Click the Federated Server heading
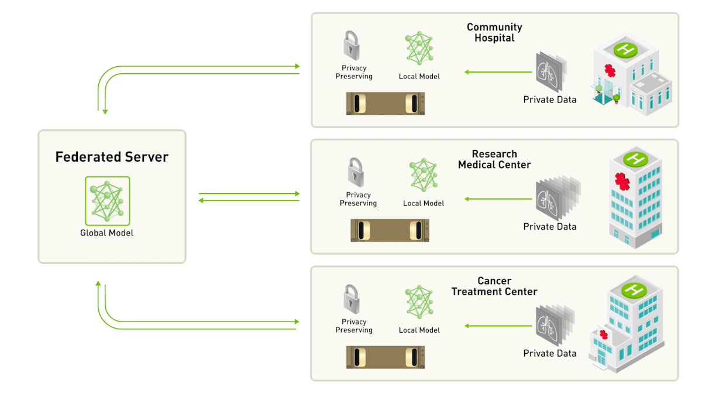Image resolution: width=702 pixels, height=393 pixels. (x=112, y=157)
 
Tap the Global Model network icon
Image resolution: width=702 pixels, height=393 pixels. (x=107, y=201)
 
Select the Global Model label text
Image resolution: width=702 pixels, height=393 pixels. (x=107, y=233)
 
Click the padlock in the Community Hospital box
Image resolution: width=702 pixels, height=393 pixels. (x=351, y=46)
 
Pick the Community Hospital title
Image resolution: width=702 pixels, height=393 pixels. (x=494, y=33)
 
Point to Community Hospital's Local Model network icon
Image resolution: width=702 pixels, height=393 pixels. (x=419, y=49)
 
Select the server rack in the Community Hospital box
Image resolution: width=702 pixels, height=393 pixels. (x=385, y=103)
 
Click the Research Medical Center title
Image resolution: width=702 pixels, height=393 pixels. (x=494, y=159)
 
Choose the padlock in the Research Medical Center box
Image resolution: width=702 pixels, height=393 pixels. (x=355, y=172)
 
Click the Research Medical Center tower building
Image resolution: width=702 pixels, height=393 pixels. (x=634, y=199)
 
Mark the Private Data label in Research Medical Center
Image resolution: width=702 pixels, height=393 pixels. (x=549, y=227)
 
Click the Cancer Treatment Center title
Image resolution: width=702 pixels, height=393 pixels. (x=494, y=286)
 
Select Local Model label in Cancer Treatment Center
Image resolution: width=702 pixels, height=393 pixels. (x=419, y=330)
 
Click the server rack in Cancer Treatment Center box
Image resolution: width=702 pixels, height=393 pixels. (x=385, y=357)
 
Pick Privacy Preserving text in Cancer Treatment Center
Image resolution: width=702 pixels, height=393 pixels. (x=354, y=326)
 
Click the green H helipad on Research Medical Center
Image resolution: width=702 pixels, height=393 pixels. (x=634, y=159)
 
